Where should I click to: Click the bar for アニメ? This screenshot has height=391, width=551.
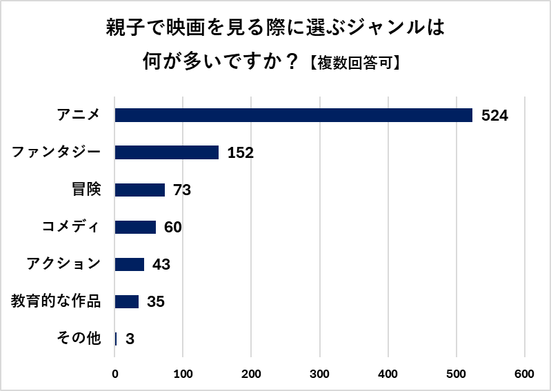pos(293,115)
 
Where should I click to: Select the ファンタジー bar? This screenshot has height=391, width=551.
pos(166,152)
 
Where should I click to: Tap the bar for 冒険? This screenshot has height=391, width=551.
pos(139,190)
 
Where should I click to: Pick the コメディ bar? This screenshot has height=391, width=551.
pos(135,227)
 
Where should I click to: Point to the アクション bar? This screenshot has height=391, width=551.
pos(129,264)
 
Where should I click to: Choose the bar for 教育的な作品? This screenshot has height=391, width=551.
pos(126,301)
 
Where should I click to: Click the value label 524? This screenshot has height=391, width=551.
pos(494,116)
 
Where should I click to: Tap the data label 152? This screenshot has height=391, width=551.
pos(241,153)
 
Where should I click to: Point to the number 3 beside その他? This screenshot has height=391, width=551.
pos(129,339)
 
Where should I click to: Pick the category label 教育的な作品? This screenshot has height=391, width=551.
pos(56,301)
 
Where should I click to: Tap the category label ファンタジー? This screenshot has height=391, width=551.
pos(57,152)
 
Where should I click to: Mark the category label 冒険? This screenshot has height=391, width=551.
pos(86,190)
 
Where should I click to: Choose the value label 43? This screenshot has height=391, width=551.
pos(161,265)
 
